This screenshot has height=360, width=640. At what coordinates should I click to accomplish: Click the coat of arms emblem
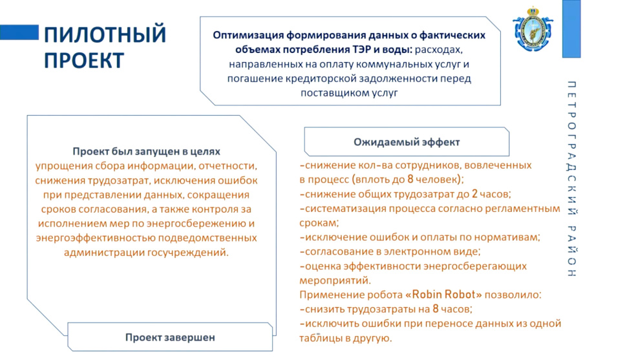533,29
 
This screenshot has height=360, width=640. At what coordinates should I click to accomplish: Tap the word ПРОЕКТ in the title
83,60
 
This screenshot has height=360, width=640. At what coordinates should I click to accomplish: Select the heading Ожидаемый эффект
407,142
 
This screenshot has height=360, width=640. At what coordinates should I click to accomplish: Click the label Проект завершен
170,337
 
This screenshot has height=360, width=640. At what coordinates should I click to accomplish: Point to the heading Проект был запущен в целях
146,151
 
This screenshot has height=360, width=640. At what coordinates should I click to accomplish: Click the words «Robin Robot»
443,295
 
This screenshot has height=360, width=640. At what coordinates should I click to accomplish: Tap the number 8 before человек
411,179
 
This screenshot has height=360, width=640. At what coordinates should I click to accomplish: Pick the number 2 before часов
475,194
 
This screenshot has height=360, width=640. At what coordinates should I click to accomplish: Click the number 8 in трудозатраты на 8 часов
436,309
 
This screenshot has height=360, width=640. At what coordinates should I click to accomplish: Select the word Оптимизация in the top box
248,35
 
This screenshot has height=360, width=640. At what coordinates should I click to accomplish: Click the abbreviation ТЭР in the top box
361,49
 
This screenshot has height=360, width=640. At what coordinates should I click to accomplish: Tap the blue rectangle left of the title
19,32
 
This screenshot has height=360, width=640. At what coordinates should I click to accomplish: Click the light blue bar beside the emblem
571,28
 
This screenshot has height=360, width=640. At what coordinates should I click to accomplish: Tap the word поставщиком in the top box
335,93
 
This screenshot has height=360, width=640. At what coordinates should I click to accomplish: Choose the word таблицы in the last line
319,338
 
